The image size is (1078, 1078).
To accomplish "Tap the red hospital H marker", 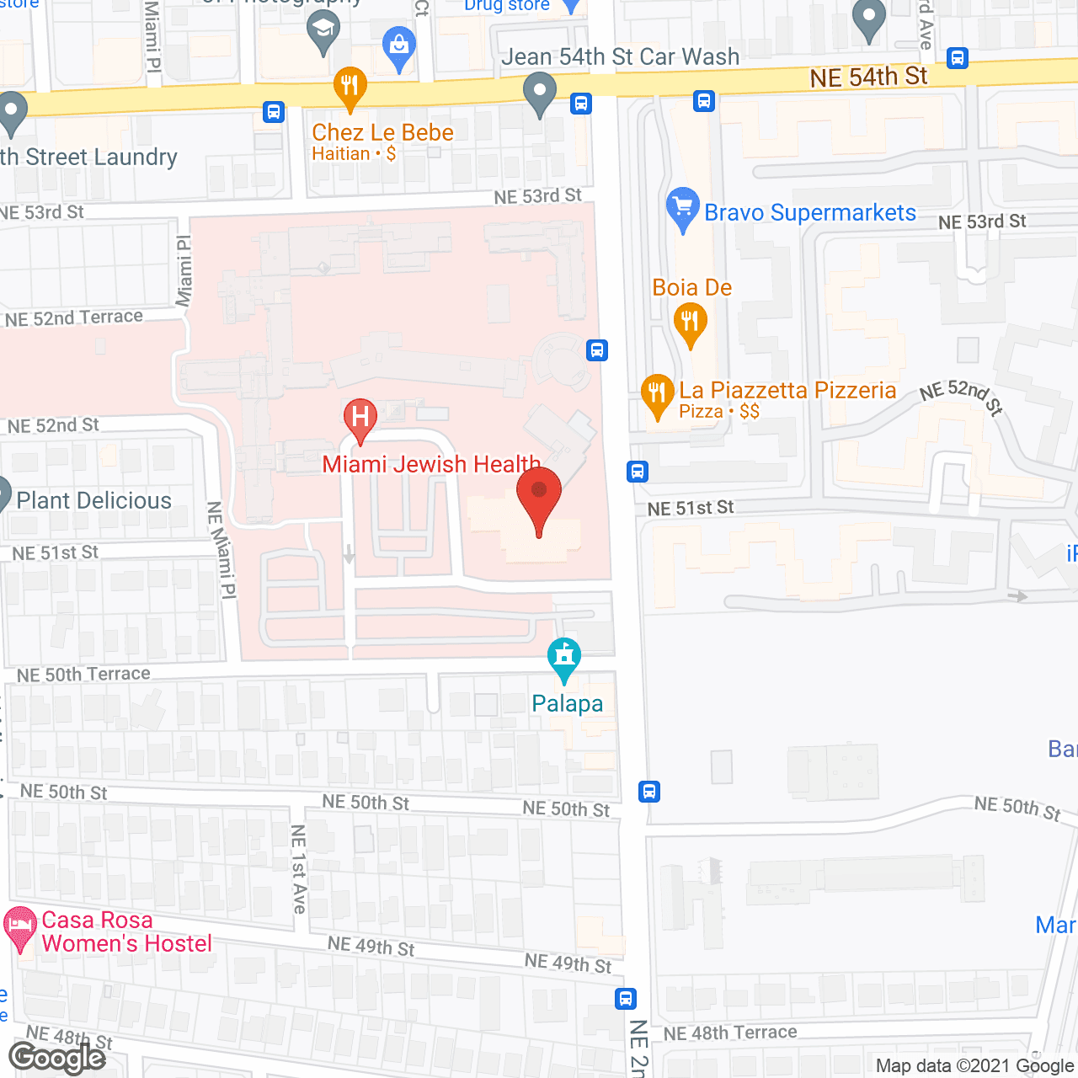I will pyautogui.click(x=360, y=418).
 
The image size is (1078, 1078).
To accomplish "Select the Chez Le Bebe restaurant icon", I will pyautogui.click(x=350, y=87).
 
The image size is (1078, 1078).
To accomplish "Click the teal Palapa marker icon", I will pyautogui.click(x=564, y=659).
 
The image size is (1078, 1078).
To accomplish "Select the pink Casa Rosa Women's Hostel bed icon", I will pyautogui.click(x=20, y=928).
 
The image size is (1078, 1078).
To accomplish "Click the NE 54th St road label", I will pyautogui.click(x=868, y=77).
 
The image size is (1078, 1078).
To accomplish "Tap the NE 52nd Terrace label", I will pyautogui.click(x=74, y=318).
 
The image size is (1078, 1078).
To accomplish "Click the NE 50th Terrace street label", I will pyautogui.click(x=83, y=675).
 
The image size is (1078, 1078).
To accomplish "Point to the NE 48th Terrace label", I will pyautogui.click(x=730, y=1033).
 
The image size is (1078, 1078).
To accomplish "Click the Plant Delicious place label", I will pyautogui.click(x=93, y=500).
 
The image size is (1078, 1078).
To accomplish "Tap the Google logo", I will pyautogui.click(x=57, y=1058).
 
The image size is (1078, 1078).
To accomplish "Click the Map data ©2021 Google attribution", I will pyautogui.click(x=974, y=1065).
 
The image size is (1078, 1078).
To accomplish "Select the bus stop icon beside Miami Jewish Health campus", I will pyautogui.click(x=597, y=350).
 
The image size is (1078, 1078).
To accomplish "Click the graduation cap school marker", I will pyautogui.click(x=323, y=32).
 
